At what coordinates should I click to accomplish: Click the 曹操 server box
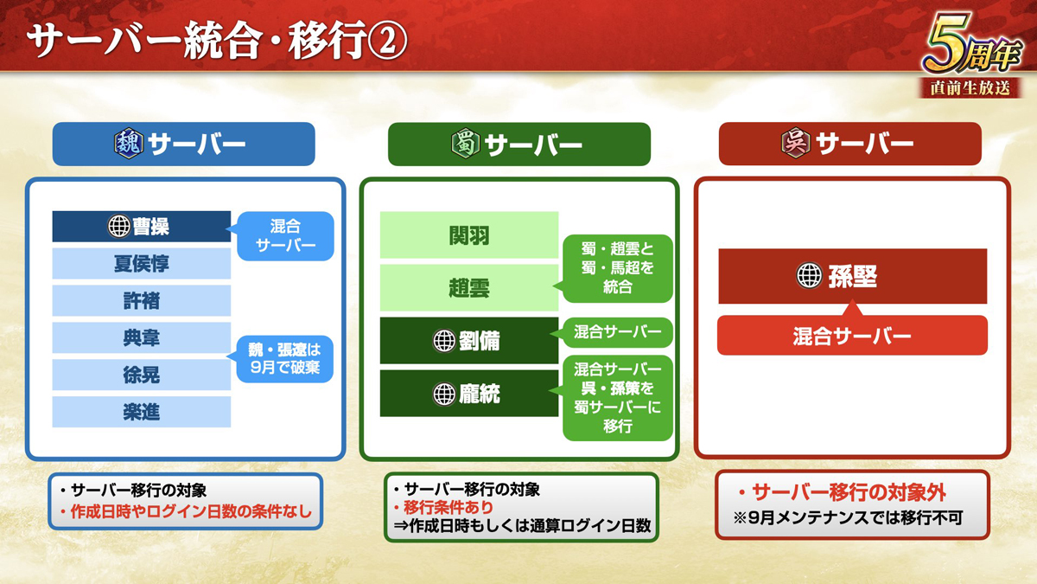(x=141, y=227)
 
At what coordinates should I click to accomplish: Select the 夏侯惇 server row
(x=141, y=264)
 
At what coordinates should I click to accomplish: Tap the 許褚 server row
(x=141, y=301)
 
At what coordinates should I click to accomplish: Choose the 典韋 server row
(x=141, y=338)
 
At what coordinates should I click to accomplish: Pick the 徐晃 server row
(x=141, y=375)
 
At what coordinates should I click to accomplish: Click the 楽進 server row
(x=141, y=412)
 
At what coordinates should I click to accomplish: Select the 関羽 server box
(x=469, y=235)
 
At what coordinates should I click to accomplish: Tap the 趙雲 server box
(x=469, y=288)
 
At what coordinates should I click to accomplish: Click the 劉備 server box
(x=469, y=341)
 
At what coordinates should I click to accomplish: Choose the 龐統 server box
(x=469, y=394)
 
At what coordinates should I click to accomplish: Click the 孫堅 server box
(x=853, y=276)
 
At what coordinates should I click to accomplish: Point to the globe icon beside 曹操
(x=119, y=227)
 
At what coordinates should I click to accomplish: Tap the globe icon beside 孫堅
(x=809, y=275)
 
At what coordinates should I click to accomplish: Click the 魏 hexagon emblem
(x=129, y=144)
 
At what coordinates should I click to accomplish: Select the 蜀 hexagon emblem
(x=465, y=144)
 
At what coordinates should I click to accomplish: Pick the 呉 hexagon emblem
(x=796, y=143)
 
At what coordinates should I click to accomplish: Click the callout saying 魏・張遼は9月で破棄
(x=284, y=359)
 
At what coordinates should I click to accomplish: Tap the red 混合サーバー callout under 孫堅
(x=852, y=333)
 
